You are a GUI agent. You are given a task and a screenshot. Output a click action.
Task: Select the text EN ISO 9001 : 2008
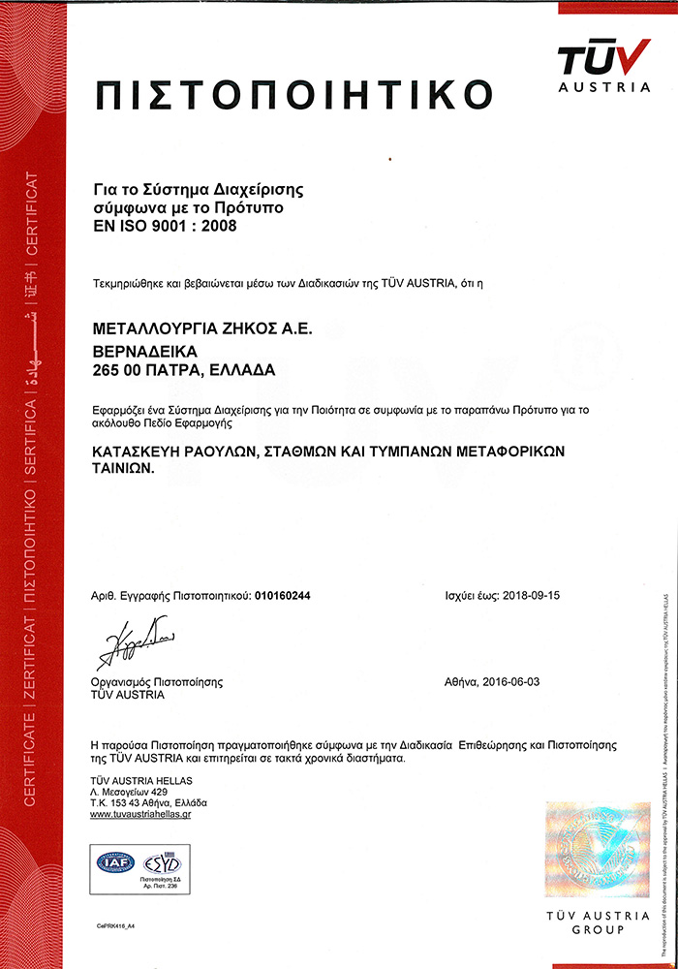[165, 226]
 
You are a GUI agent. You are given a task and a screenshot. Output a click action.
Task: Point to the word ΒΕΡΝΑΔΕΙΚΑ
[143, 350]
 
